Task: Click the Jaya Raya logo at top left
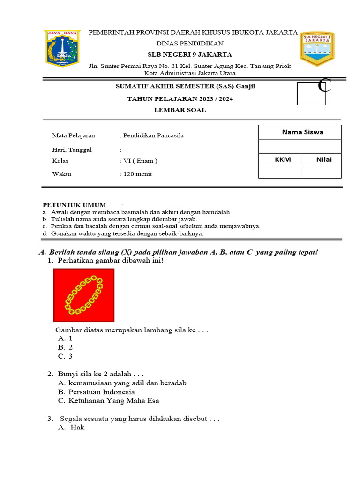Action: (62, 48)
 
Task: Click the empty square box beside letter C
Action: (311, 94)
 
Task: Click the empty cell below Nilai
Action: (321, 172)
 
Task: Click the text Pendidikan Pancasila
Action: (153, 135)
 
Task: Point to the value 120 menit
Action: (137, 174)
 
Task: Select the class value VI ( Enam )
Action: (140, 161)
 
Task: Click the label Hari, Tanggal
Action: (72, 150)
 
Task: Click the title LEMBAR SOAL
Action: (180, 110)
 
